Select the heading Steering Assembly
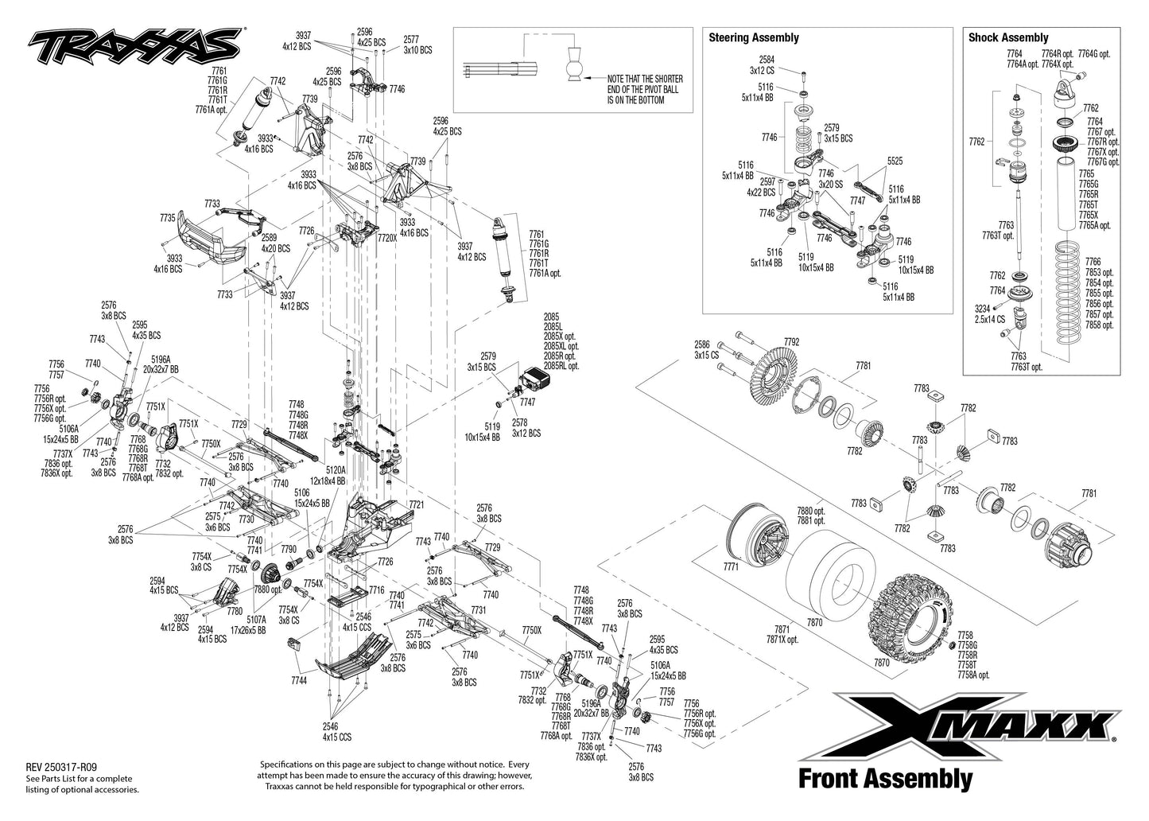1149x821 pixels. tap(753, 37)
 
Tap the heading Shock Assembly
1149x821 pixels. tap(1007, 37)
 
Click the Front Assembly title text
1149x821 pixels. tap(884, 778)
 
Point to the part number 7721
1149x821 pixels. tap(417, 505)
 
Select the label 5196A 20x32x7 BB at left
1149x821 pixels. tap(161, 364)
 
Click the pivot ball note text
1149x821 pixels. tap(644, 90)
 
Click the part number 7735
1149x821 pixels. tap(167, 217)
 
